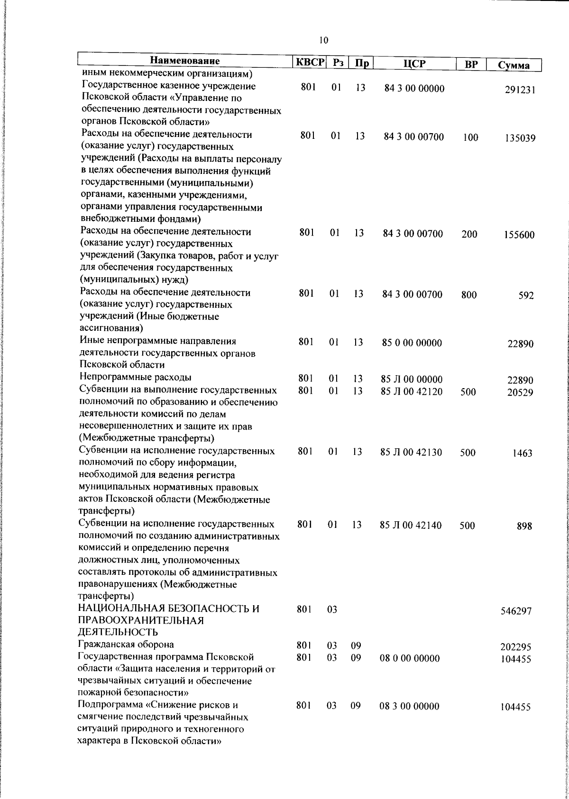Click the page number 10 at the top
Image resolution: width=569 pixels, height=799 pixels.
click(323, 40)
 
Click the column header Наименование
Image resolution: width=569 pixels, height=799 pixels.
click(185, 61)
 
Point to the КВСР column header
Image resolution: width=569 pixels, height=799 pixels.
click(309, 62)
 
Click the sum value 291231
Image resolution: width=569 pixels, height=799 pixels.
click(520, 90)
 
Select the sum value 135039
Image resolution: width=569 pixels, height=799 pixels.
click(520, 139)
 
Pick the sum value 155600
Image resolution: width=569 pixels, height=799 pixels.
click(519, 236)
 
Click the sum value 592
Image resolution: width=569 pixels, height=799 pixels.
click(526, 296)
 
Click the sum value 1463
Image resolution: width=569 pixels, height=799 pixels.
click(522, 454)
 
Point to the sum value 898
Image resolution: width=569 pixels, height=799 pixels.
click(524, 526)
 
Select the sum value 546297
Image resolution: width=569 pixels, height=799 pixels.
click(516, 611)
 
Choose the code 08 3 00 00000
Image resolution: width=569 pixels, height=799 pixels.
click(409, 707)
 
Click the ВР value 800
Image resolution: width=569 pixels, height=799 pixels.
click(469, 295)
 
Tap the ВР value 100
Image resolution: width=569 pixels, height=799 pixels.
click(470, 138)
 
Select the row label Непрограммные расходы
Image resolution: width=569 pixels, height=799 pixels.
click(136, 378)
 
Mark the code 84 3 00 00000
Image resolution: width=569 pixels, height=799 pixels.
click(414, 89)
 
